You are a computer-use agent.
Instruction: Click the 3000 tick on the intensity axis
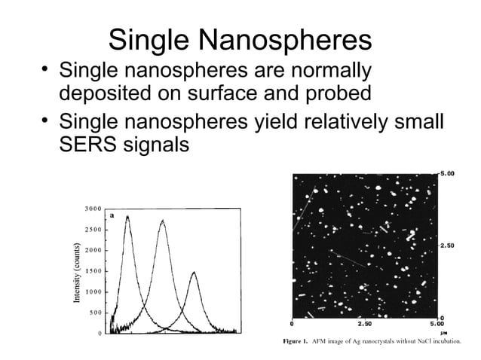coord(93,208)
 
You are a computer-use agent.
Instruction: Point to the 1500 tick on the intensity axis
coord(93,270)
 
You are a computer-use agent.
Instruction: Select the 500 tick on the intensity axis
coord(96,312)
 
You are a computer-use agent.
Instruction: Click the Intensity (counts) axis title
coord(76,272)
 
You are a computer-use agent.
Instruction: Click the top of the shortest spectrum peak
coord(194,272)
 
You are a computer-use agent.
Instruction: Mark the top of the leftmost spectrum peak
coord(127,216)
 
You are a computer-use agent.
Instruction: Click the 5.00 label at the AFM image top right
coord(448,174)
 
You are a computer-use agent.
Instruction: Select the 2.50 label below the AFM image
coord(364,324)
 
